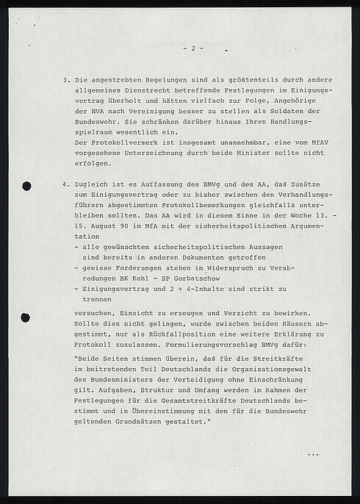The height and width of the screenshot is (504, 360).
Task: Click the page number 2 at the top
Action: pos(192,48)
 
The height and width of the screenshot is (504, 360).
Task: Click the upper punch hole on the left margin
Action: pos(27,186)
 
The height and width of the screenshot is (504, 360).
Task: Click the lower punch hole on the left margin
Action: pos(26,318)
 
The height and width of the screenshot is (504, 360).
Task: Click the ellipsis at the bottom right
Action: pos(313,456)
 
